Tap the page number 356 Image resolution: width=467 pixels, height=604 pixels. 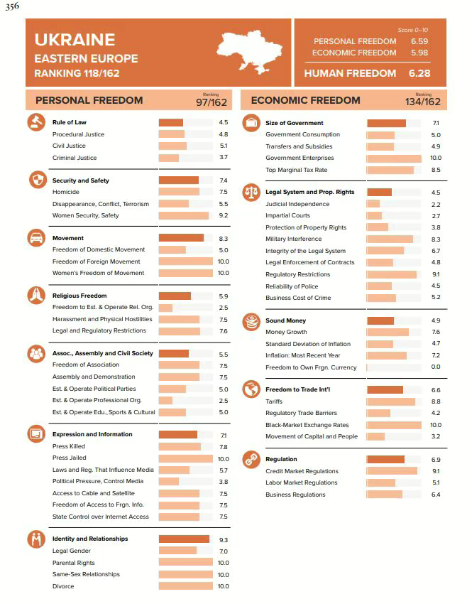12,7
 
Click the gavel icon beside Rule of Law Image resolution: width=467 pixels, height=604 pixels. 35,122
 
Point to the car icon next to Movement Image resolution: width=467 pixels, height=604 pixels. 35,237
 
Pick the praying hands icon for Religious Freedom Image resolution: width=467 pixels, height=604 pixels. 35,295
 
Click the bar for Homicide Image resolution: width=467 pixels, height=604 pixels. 179,192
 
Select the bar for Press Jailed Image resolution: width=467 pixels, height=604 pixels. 185,458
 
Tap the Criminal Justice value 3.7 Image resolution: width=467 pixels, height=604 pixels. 223,158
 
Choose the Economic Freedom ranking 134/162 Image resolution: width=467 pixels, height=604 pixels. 423,102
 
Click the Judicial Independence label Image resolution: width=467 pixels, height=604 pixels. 297,204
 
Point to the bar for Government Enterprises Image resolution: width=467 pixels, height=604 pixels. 394,158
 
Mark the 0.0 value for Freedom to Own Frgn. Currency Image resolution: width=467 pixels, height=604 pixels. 436,367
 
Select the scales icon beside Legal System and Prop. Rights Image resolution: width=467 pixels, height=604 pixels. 251,191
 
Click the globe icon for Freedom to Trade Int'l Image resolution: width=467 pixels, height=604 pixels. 251,389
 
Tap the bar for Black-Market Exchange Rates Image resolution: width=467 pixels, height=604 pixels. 394,425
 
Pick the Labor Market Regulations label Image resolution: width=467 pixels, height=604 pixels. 302,482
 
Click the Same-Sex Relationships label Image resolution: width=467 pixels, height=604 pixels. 86,574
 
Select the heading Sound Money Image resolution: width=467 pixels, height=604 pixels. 285,320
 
